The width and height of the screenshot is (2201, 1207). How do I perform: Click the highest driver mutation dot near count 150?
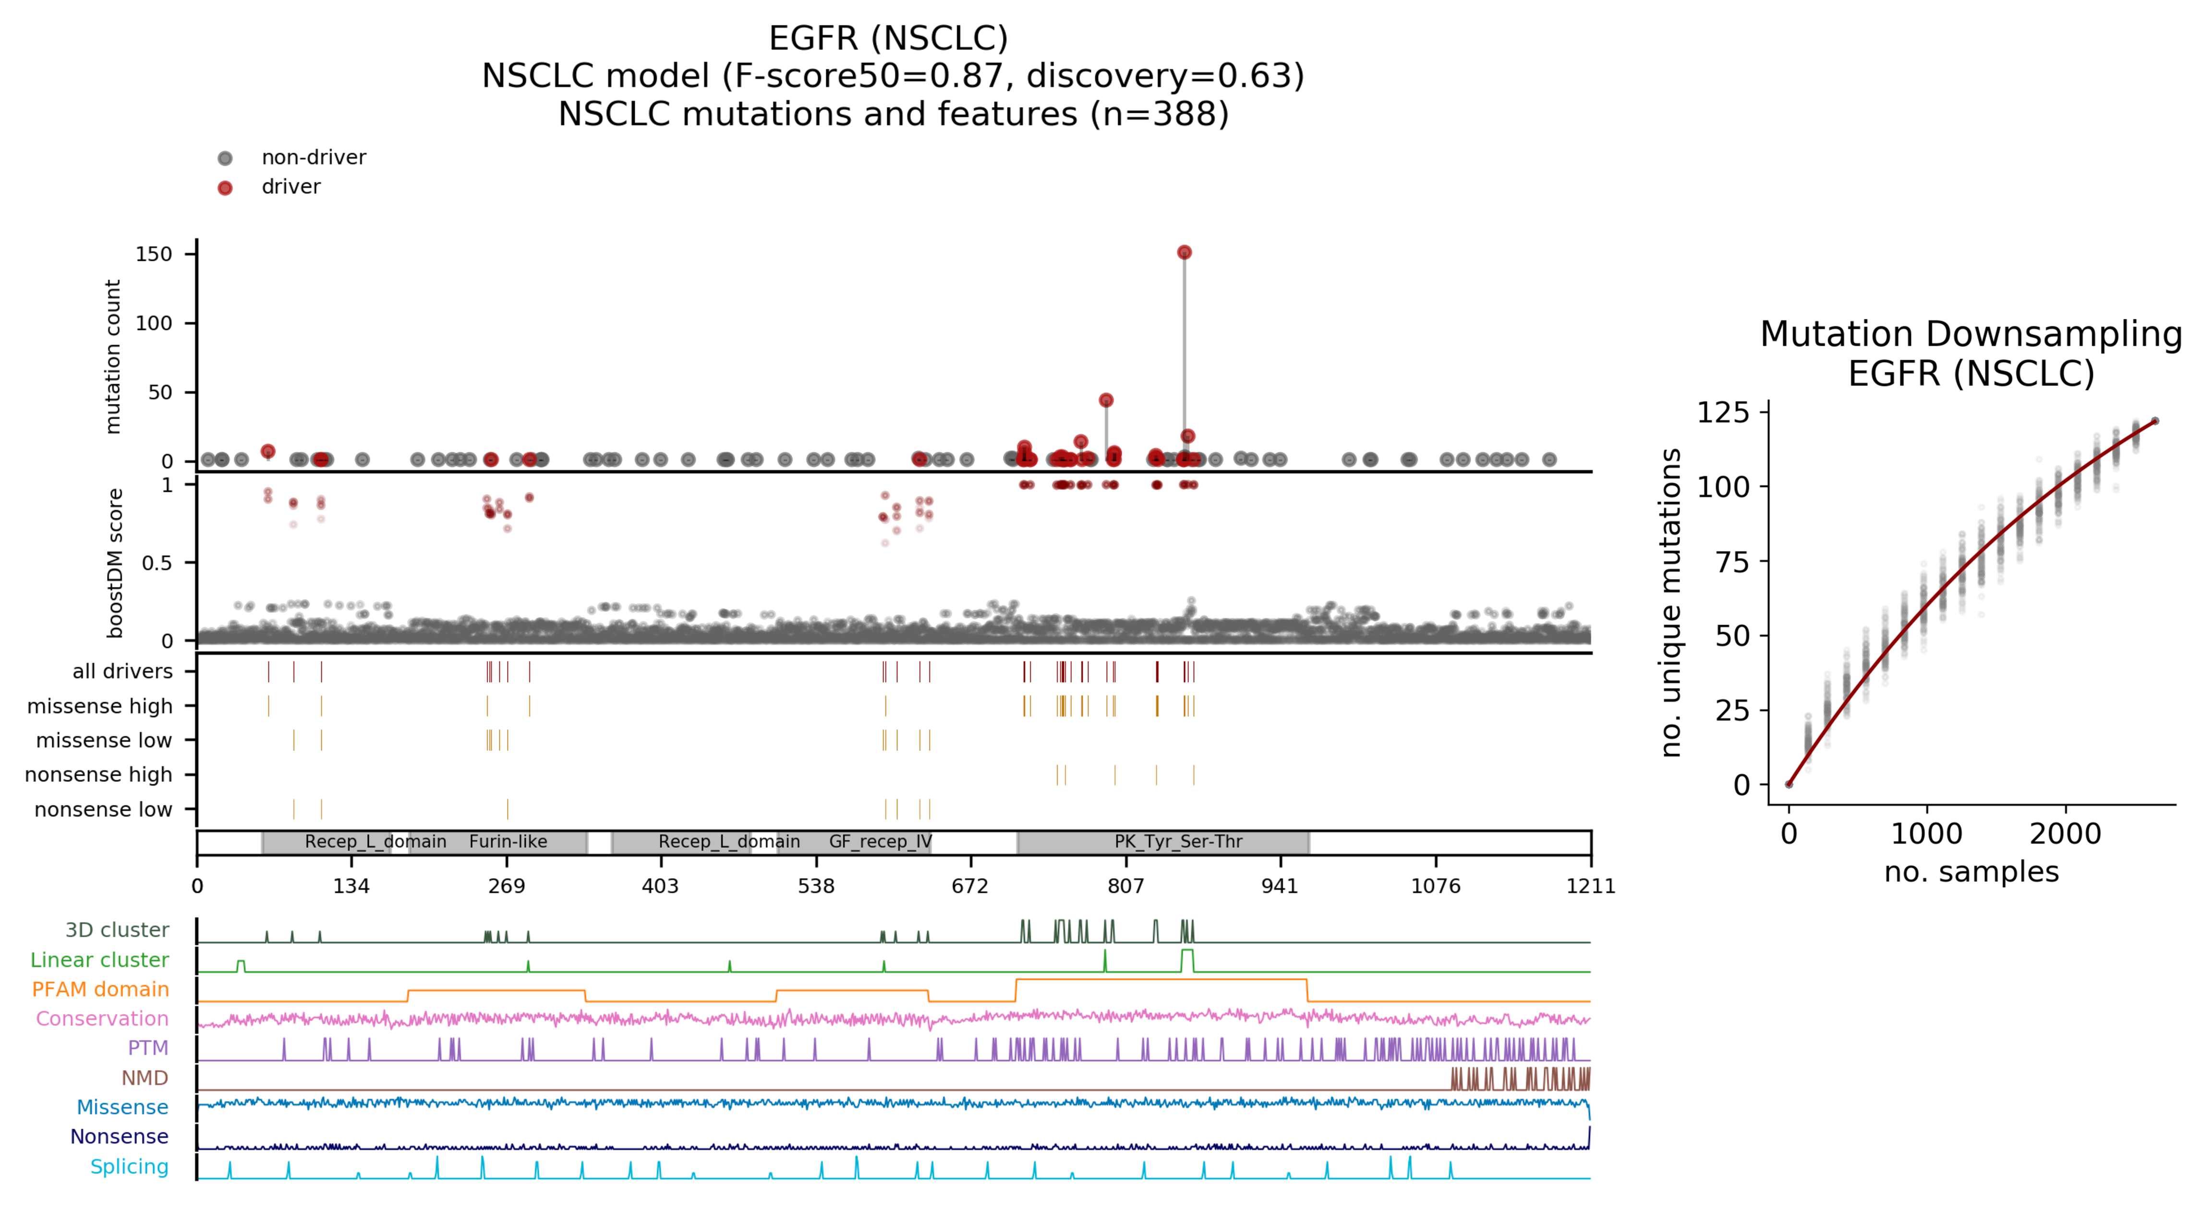pos(1184,252)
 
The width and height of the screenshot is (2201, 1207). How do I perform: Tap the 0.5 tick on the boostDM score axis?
pos(157,562)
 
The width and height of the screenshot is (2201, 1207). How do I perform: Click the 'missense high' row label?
pos(100,706)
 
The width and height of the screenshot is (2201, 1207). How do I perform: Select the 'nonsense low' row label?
pos(103,809)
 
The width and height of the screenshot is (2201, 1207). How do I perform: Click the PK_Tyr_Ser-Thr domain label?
pos(1178,841)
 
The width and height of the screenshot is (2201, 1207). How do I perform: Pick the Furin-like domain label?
pos(508,841)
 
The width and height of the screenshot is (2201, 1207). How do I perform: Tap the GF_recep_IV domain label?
pos(880,841)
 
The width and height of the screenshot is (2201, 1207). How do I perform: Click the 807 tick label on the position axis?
pos(1125,886)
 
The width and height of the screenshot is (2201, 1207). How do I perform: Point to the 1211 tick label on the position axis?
pos(1590,886)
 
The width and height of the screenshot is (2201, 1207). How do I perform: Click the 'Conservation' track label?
pos(103,1019)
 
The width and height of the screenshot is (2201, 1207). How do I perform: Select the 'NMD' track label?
pos(145,1078)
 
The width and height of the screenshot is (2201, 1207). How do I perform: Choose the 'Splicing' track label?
pos(130,1167)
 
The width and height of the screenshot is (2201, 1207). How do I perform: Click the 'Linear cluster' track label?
pos(100,960)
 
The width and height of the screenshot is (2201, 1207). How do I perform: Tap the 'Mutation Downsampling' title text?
pos(1971,334)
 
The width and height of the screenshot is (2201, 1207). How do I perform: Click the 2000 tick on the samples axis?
pos(2065,833)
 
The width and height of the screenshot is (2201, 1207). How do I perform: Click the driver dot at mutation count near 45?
pos(1106,400)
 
